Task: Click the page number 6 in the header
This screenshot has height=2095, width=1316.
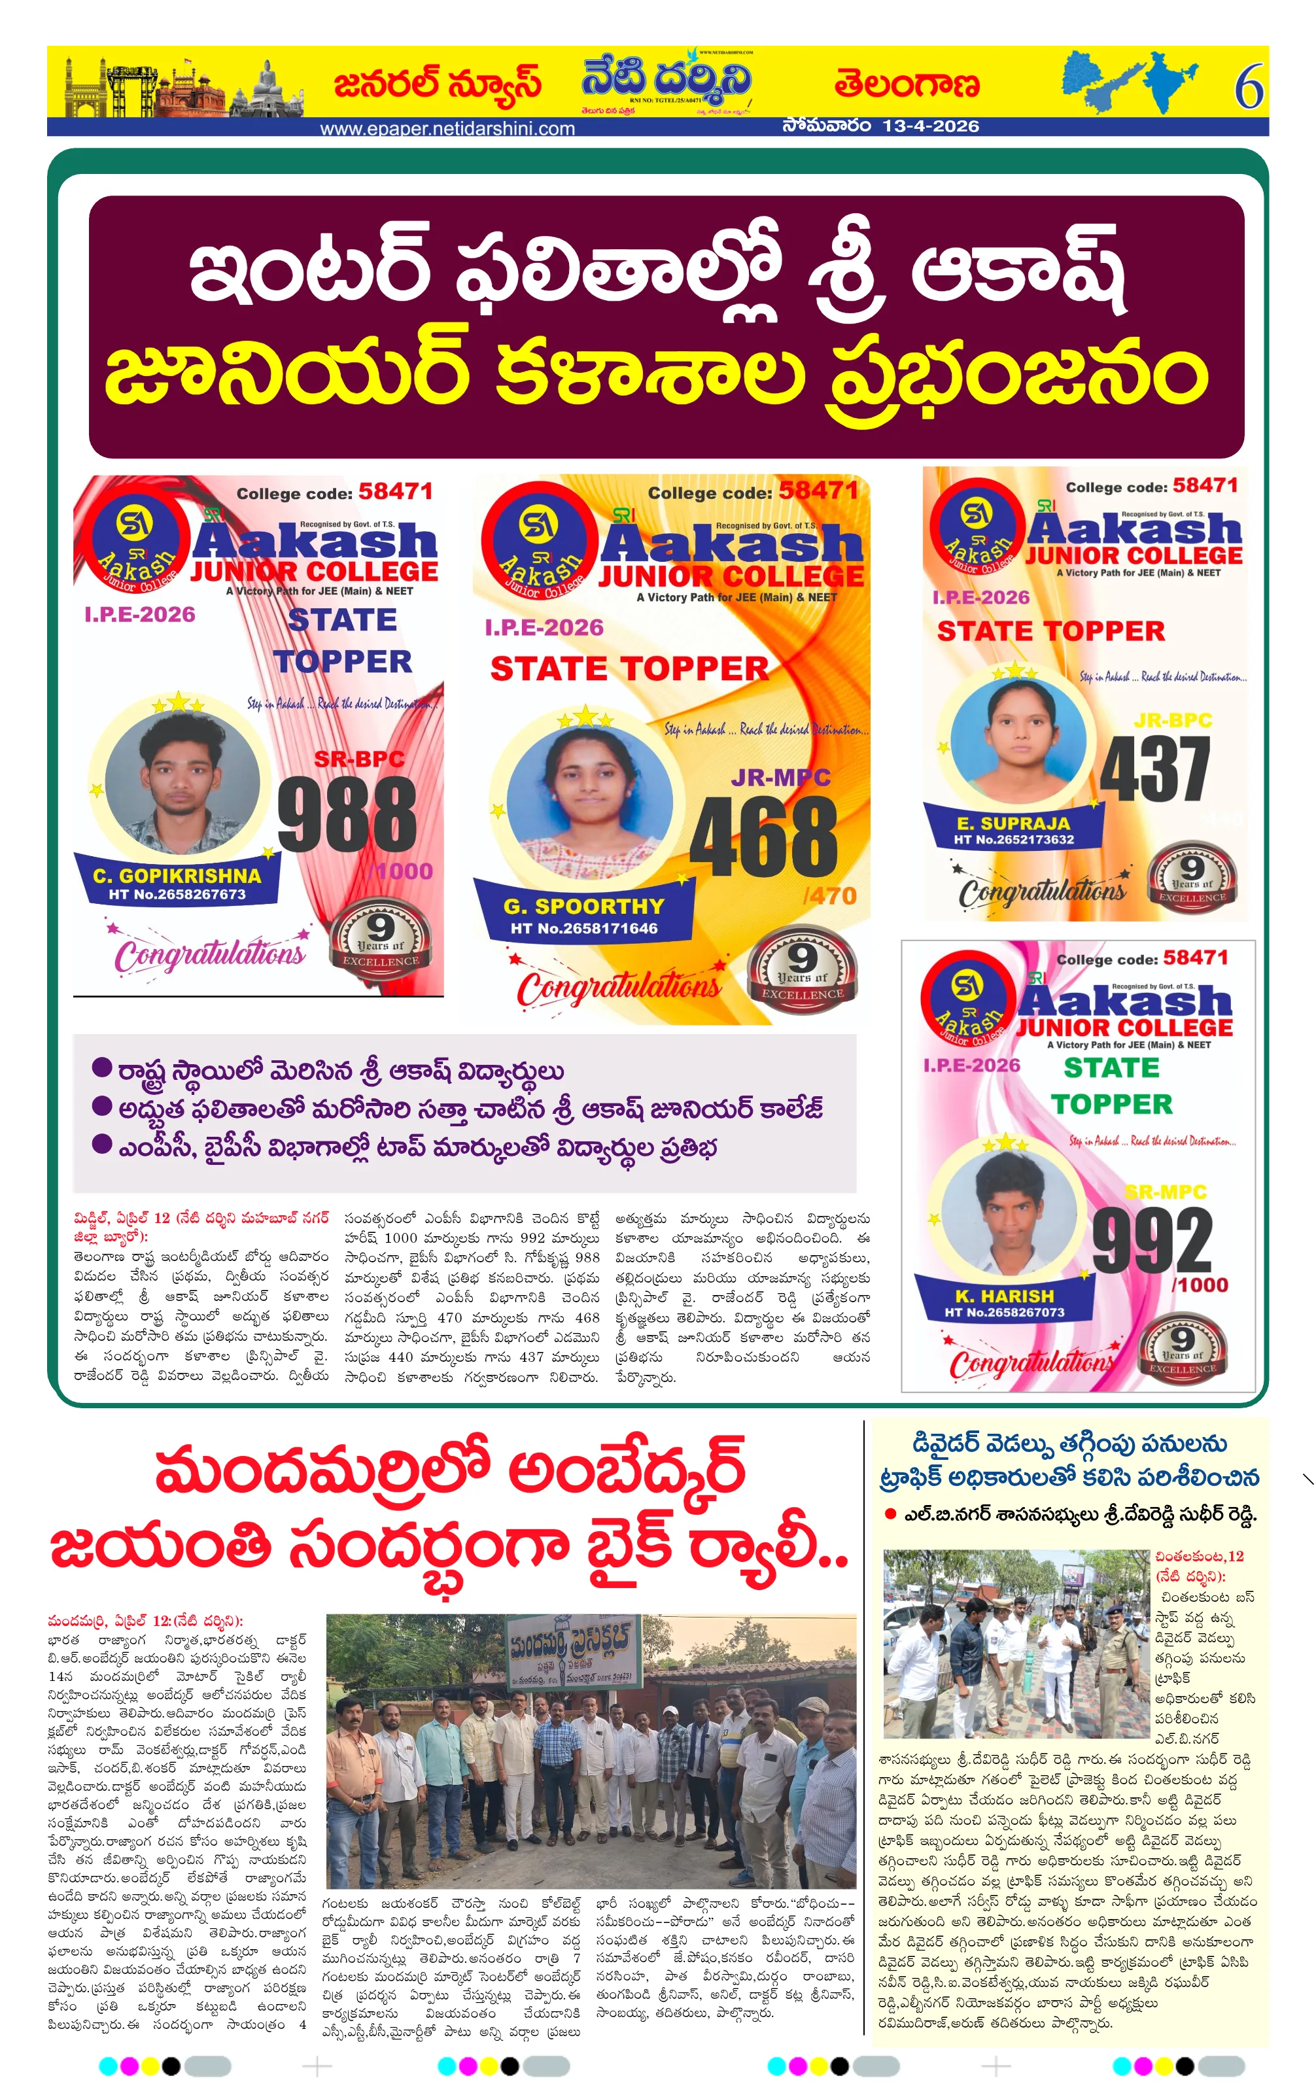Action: [1248, 87]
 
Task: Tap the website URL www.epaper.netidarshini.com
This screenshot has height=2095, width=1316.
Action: [447, 129]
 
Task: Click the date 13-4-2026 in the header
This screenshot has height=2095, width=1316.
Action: [930, 126]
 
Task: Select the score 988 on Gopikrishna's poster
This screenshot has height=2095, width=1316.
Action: [347, 814]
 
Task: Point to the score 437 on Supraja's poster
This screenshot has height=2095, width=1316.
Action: [1154, 769]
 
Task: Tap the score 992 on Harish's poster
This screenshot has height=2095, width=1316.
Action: [1152, 1241]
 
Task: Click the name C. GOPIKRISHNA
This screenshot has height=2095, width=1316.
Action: [177, 875]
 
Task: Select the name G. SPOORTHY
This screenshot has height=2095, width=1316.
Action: [583, 906]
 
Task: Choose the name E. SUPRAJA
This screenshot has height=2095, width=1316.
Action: [1013, 823]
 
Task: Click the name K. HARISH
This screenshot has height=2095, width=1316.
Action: [1004, 1296]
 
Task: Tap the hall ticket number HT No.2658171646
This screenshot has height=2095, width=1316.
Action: [583, 928]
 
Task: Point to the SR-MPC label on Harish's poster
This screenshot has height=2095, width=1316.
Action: [1166, 1192]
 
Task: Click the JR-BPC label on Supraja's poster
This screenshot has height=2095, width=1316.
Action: [1173, 720]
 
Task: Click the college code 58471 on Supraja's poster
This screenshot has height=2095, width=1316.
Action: [1205, 485]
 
